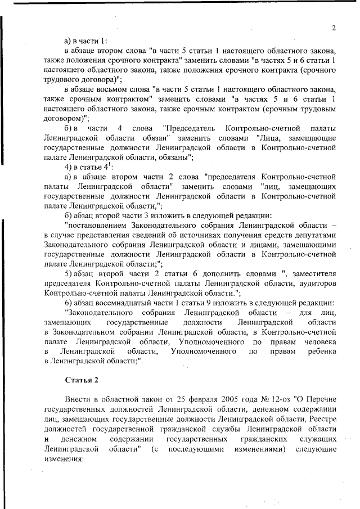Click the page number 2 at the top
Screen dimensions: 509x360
tap(334, 28)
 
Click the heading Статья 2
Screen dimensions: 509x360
tap(82, 380)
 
